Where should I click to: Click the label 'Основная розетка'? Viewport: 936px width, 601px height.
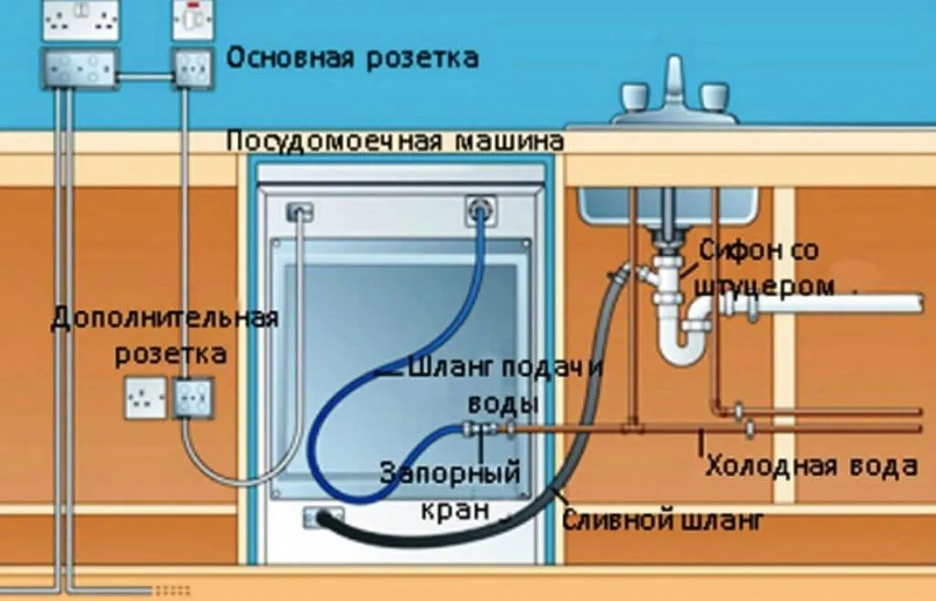pos(352,59)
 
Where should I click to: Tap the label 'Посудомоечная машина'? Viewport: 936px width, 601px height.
pos(395,142)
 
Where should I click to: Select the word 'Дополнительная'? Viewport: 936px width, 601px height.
pos(165,317)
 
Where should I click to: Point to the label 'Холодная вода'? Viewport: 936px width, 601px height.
pos(812,466)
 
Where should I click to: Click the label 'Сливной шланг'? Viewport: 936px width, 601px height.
pos(663,520)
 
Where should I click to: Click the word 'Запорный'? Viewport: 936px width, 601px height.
pos(450,473)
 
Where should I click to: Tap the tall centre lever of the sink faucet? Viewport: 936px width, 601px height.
pos(675,80)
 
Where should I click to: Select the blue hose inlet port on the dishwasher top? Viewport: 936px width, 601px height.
pos(479,211)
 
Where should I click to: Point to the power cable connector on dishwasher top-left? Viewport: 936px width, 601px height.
pos(300,211)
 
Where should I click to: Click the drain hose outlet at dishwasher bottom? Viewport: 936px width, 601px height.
pos(324,518)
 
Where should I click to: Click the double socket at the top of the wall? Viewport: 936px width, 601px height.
pos(81,20)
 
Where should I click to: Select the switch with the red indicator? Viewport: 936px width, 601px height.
pos(193,20)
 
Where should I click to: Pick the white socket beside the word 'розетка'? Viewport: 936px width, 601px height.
pos(145,397)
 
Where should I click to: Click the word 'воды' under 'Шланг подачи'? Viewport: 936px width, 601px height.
pos(504,402)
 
